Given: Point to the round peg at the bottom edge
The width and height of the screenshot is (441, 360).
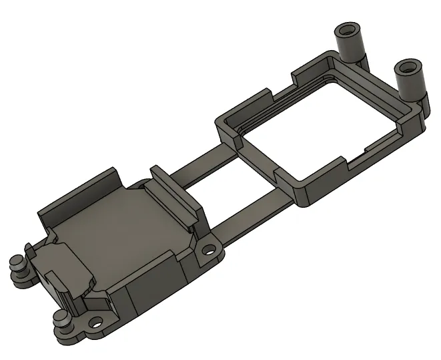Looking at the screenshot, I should [61, 318].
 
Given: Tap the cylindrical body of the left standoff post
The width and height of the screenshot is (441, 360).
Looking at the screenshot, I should [350, 47].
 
